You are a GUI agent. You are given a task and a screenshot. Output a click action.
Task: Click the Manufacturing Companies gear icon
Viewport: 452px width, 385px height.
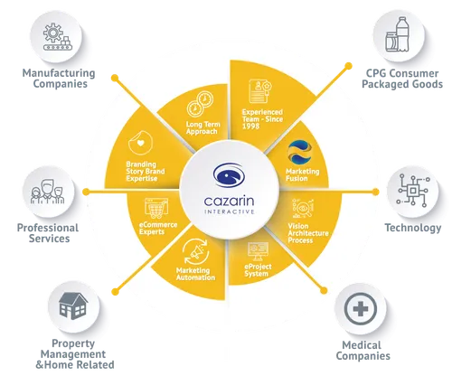coord(58,36)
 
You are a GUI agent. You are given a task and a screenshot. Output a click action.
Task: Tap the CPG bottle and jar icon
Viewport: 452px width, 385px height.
coord(398,34)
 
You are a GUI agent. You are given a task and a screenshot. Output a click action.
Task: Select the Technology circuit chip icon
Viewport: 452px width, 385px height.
coord(413,190)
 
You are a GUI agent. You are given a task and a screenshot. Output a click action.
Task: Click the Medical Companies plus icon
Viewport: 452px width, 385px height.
coord(361,309)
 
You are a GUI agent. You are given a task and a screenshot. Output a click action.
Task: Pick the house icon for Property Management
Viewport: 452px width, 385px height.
coord(73,305)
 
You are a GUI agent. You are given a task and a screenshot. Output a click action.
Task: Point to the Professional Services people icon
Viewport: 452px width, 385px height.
coord(48,192)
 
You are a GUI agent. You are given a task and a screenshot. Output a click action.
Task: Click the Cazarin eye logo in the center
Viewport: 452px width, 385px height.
coord(229,175)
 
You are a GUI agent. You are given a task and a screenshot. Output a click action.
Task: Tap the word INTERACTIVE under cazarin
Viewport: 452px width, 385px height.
coord(230,211)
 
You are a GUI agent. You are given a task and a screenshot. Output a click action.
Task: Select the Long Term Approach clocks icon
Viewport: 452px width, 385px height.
coord(200,104)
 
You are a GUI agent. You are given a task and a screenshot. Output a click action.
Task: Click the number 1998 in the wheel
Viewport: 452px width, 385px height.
coord(250,127)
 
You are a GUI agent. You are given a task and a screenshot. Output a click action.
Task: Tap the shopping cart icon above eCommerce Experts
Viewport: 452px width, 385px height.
coord(156,208)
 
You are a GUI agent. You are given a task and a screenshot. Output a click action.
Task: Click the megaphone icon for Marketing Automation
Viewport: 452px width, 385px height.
coord(196,252)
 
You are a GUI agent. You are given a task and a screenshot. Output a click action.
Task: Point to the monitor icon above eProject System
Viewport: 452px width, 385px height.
coord(258,251)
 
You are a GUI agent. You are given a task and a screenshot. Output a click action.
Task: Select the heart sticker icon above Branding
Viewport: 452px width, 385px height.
coord(140,143)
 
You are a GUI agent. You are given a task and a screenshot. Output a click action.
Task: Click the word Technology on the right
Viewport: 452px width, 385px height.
coord(413,228)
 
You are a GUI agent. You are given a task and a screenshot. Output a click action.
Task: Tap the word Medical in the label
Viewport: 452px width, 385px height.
coord(362,345)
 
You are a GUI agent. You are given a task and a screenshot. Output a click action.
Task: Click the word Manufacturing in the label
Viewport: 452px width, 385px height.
coord(59,73)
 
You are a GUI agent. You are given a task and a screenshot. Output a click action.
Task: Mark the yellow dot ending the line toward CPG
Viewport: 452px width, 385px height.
coord(348,66)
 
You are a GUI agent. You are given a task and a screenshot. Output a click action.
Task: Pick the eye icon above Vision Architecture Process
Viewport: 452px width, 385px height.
coord(303,208)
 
